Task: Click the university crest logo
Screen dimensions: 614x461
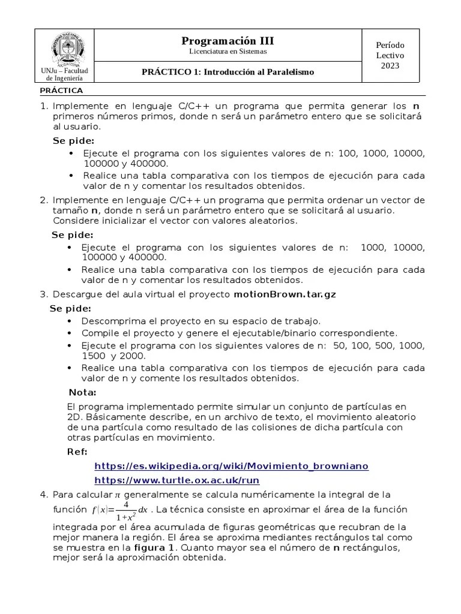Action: tap(68, 48)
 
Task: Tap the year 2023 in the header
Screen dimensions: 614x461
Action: tap(390, 65)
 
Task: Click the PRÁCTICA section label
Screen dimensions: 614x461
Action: tap(61, 91)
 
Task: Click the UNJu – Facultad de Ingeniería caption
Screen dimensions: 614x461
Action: tap(64, 74)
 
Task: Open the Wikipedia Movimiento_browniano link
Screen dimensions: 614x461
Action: tap(232, 466)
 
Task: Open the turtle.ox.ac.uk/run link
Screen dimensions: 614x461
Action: tap(177, 480)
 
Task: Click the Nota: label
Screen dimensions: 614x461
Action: tap(82, 392)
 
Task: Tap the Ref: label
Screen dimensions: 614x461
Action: tap(77, 452)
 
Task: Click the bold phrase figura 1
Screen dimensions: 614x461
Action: tap(154, 547)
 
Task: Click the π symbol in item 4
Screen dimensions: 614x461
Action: tap(118, 495)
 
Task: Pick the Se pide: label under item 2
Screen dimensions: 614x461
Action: tap(72, 234)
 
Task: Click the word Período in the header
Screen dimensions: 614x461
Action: tap(390, 45)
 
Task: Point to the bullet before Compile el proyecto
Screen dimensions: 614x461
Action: tap(71, 333)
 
